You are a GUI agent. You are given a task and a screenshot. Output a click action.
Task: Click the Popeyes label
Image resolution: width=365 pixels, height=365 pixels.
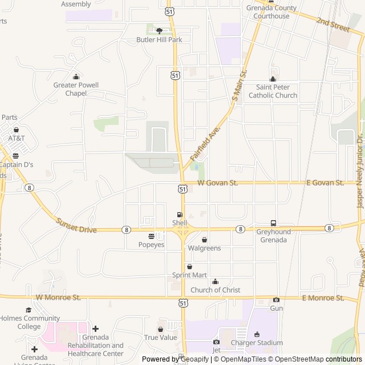click(x=151, y=245)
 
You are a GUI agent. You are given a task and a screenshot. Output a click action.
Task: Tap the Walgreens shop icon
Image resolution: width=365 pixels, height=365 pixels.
click(x=204, y=240)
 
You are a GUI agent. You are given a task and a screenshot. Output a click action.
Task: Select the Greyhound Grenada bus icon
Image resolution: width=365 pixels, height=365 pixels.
click(x=273, y=223)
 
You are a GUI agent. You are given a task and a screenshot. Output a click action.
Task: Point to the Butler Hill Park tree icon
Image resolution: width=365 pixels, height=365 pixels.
click(x=159, y=31)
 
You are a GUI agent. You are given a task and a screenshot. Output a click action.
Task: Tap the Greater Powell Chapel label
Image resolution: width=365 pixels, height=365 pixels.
click(x=76, y=89)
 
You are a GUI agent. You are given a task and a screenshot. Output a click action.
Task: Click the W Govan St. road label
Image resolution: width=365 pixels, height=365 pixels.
click(x=217, y=182)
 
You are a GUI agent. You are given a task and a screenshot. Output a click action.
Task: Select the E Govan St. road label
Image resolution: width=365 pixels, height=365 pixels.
click(x=325, y=182)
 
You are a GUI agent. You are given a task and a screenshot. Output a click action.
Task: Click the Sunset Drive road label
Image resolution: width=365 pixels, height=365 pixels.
click(x=76, y=225)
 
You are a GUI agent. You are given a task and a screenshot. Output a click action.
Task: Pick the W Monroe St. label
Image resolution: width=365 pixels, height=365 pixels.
click(x=58, y=297)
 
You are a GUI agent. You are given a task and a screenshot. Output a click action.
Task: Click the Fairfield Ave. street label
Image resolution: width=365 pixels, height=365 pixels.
click(x=205, y=143)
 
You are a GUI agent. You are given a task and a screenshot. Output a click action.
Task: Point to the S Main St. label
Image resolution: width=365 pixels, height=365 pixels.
click(x=240, y=87)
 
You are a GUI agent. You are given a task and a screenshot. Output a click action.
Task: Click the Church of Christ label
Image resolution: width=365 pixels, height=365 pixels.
click(x=215, y=290)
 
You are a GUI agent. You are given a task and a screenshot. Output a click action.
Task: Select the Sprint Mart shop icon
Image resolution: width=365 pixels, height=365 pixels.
click(x=189, y=266)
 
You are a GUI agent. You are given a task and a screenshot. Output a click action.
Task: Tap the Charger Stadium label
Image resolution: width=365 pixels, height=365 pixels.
click(x=257, y=343)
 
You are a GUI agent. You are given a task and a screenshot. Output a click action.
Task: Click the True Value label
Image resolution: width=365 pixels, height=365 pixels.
click(x=160, y=338)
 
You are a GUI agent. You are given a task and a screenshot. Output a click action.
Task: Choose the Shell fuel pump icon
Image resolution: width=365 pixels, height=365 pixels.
click(x=180, y=214)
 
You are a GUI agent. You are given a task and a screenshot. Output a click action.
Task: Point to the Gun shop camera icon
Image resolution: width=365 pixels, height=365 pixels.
click(x=276, y=300)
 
